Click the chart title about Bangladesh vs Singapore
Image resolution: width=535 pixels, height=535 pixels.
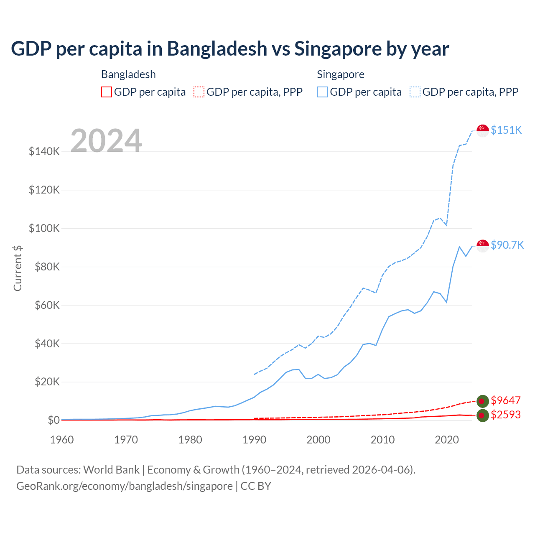230,49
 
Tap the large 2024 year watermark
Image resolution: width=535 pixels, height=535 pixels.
106,141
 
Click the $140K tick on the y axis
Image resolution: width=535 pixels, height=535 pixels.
44,151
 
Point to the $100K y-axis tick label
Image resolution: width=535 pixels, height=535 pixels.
44,228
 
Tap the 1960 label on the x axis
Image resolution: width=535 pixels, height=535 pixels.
62,440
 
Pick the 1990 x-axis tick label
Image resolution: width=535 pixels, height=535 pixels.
254,440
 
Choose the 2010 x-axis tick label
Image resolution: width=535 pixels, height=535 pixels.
382,440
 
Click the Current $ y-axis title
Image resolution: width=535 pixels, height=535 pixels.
18,268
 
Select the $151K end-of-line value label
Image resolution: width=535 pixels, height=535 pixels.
506,130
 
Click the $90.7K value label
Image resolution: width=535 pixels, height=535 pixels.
507,245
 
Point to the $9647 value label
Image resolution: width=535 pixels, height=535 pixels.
505,400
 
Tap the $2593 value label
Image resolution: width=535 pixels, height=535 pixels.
505,415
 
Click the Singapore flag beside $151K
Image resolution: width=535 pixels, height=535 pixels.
483,130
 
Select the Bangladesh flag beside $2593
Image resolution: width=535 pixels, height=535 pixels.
483,415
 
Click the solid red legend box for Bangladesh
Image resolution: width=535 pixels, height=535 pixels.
107,92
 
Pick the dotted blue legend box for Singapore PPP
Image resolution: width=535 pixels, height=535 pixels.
415,92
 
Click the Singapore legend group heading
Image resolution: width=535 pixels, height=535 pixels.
341,74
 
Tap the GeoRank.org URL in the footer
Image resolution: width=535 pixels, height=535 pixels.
125,486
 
